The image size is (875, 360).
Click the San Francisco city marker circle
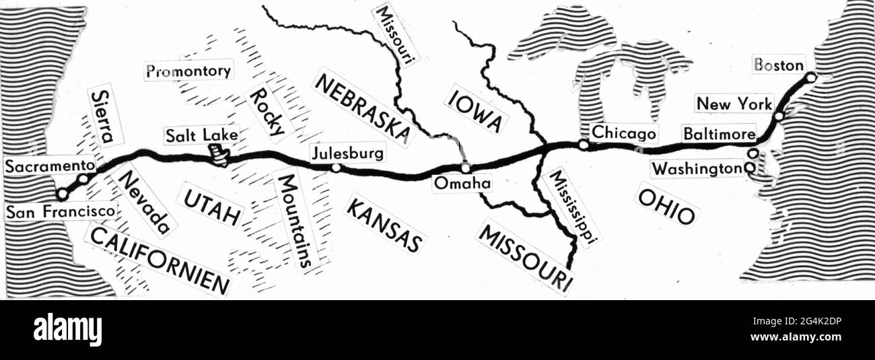(x=63, y=194)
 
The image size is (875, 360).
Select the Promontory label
(x=188, y=70)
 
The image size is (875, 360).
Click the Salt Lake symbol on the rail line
(x=219, y=157)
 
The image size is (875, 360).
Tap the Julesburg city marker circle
(x=336, y=168)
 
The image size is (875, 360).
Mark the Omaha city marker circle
(x=464, y=167)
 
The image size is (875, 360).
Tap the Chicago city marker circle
(x=584, y=144)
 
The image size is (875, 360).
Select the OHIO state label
(x=666, y=206)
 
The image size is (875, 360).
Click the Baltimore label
(x=718, y=134)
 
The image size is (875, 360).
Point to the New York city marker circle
(x=779, y=116)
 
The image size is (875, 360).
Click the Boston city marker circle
(x=811, y=77)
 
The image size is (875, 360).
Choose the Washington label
(x=697, y=169)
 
